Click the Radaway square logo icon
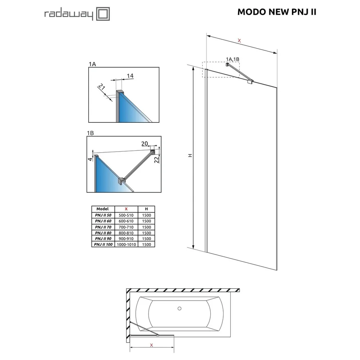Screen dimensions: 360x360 click(x=103, y=14)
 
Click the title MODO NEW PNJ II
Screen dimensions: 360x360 click(x=276, y=12)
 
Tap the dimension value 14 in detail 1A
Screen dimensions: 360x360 click(x=130, y=76)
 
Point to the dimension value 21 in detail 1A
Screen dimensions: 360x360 click(x=102, y=87)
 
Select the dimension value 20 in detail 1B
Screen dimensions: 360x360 click(x=144, y=144)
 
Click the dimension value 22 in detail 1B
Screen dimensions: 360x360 click(x=157, y=159)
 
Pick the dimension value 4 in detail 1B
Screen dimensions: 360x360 click(x=90, y=159)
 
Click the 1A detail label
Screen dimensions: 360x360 click(x=92, y=64)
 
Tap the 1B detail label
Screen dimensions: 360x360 click(x=90, y=133)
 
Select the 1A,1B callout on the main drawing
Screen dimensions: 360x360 click(x=233, y=59)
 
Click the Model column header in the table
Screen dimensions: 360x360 click(x=102, y=209)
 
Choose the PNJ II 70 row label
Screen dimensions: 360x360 click(x=103, y=227)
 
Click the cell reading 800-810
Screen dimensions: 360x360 click(x=126, y=233)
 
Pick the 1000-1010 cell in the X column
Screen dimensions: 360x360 click(x=126, y=245)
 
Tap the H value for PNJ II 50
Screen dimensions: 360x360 click(x=147, y=215)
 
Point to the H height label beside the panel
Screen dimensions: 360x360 click(x=190, y=156)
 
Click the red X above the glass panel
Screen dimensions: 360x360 click(x=239, y=41)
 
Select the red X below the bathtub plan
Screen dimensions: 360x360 click(x=151, y=345)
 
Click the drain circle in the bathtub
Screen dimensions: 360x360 click(x=180, y=309)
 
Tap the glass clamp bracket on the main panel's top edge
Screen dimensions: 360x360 click(x=250, y=82)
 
